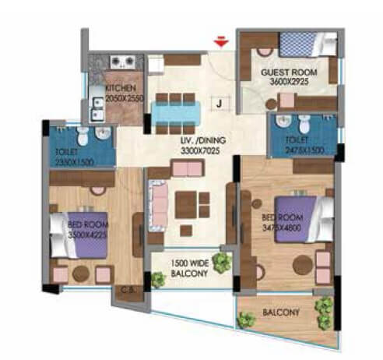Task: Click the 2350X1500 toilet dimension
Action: point(76,162)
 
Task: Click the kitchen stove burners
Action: point(123,60)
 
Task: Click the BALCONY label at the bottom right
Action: point(281,312)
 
